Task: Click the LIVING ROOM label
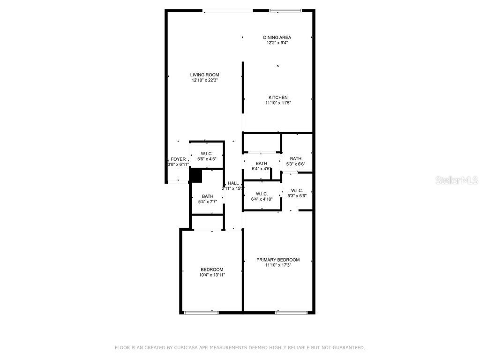(x=204, y=75)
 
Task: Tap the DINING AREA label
(x=277, y=37)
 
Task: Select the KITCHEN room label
(x=278, y=97)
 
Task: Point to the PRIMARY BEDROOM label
(x=277, y=260)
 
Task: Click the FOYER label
(x=178, y=159)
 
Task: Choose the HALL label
(x=233, y=183)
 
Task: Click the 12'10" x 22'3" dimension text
(x=204, y=80)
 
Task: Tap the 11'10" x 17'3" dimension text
(x=277, y=265)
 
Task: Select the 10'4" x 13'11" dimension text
(x=212, y=275)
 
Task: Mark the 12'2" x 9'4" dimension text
(x=277, y=43)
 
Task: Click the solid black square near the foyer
(x=195, y=176)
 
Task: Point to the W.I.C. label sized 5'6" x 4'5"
(x=207, y=154)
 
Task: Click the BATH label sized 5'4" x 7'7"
(x=208, y=196)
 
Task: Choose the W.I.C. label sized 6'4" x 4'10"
(x=262, y=194)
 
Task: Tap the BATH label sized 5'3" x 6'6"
(x=295, y=158)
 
